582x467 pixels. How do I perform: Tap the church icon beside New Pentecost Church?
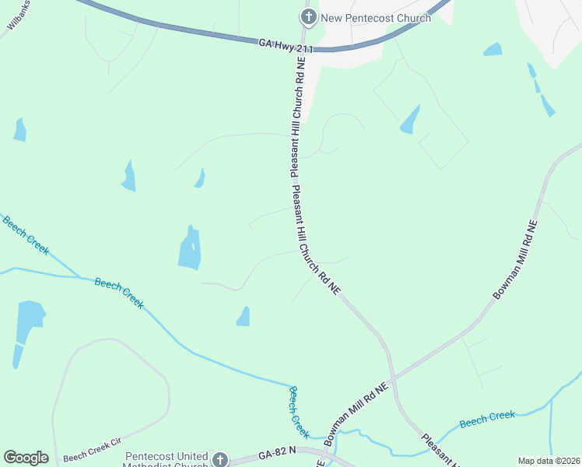click(x=308, y=17)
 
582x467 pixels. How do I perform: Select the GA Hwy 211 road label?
click(x=286, y=47)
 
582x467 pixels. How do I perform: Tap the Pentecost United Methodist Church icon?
click(x=221, y=459)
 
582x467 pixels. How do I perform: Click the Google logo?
click(x=26, y=458)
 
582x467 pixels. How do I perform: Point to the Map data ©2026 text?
click(x=548, y=461)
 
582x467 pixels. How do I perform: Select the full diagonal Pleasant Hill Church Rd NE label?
click(x=317, y=240)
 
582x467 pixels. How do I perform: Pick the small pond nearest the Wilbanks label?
click(x=19, y=130)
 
